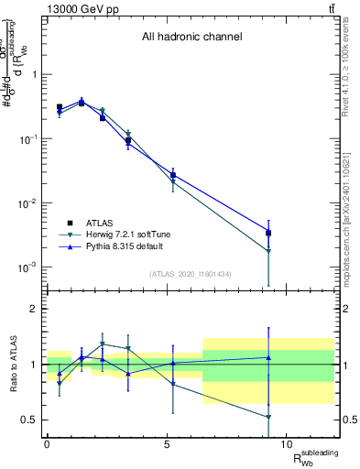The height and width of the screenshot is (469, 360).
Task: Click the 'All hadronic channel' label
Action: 191,38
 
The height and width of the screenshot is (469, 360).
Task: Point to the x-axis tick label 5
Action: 167,442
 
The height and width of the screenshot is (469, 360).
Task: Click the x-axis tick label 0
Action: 47,442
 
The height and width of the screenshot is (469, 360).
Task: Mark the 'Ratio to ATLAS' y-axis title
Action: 12,364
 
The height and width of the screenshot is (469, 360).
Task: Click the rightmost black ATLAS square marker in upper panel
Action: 268,233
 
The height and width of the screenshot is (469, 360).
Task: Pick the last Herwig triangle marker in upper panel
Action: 268,251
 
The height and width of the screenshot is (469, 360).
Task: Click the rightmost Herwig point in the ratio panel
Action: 268,417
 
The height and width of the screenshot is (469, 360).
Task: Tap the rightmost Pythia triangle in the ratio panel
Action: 268,357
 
